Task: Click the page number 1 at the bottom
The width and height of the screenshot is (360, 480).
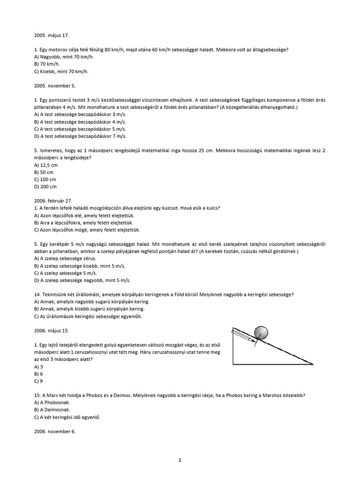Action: pos(180,460)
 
